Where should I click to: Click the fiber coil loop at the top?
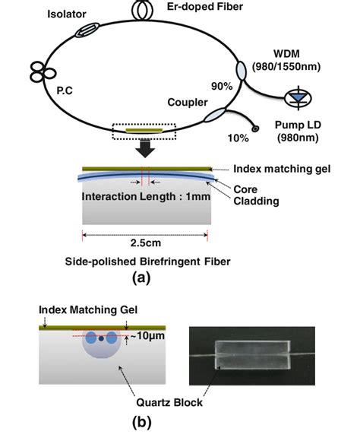tap(143, 8)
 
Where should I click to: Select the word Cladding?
tap(256, 202)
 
